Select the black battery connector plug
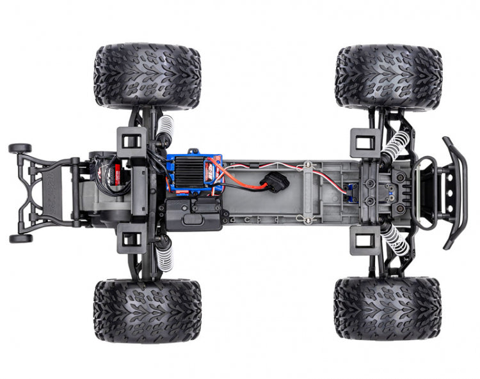[276, 182]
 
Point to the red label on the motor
[116, 171]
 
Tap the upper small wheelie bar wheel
[19, 148]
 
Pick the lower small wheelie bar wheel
[19, 238]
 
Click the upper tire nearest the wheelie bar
[147, 75]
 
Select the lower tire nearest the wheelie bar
[147, 310]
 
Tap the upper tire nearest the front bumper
[388, 75]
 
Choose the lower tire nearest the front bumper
[388, 308]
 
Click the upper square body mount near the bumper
[362, 142]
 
